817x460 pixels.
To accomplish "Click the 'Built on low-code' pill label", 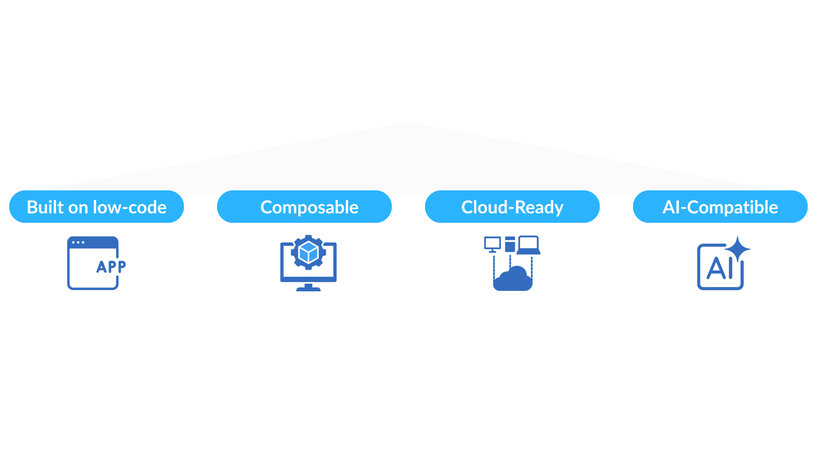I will (97, 207).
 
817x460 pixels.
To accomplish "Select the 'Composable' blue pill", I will (305, 207).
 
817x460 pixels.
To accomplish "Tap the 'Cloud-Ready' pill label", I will (512, 207).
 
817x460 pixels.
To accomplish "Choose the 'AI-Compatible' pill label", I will (720, 207).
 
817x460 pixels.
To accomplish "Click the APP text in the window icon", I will (111, 267).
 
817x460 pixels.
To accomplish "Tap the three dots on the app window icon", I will (78, 242).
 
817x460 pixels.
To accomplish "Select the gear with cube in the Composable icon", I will (309, 253).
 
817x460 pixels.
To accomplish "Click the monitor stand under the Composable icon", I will (309, 288).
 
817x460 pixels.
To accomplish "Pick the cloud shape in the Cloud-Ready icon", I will (513, 279).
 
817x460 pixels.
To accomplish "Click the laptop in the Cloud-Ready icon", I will (528, 245).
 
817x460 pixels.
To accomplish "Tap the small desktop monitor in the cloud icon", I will (492, 244).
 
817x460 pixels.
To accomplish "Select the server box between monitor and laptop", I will (510, 244).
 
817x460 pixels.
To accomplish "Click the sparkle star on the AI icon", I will (738, 249).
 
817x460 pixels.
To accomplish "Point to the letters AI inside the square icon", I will (719, 268).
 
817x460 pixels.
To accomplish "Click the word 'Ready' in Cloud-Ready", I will (539, 207).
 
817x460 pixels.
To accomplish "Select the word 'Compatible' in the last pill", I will (732, 207).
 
